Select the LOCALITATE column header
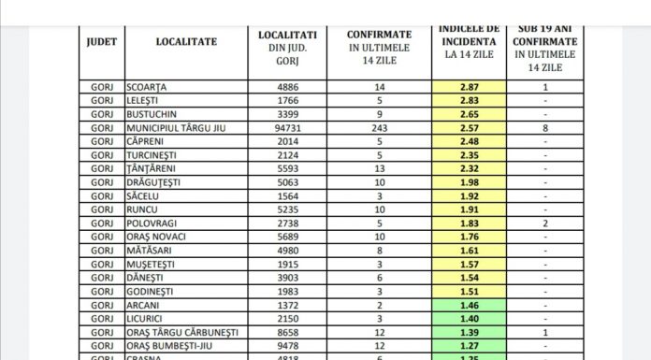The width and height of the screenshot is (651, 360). coord(187,41)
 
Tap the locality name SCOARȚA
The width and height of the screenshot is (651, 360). coord(149,86)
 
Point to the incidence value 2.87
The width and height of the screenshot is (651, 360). coord(469,86)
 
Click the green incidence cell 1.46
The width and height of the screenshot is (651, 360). coord(469,306)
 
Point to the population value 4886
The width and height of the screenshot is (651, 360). coord(288,86)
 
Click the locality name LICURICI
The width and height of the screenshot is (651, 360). coord(149,320)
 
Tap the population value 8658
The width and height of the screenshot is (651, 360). coord(288,333)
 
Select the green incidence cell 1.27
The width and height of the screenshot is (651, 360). coord(469,346)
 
